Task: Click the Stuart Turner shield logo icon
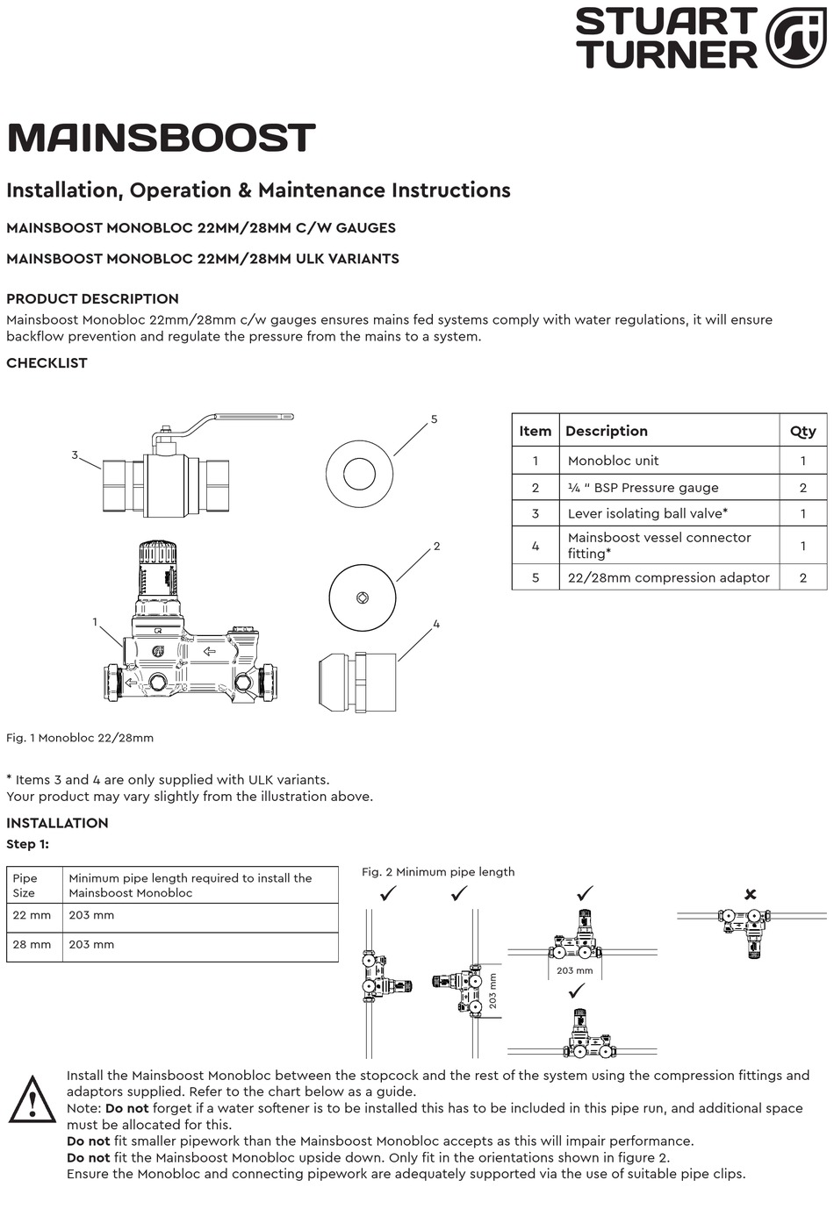point(795,38)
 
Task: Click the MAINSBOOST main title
point(161,139)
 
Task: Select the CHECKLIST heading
point(47,363)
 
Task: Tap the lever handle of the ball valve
point(246,418)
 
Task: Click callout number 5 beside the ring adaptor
point(434,419)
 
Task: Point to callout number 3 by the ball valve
point(75,454)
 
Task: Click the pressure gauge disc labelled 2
point(363,597)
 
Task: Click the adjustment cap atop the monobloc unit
point(158,553)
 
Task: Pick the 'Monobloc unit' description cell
point(613,461)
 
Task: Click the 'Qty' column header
point(802,431)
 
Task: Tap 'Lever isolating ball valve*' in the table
point(647,513)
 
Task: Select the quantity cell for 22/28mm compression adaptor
point(802,577)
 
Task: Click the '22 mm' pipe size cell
point(32,915)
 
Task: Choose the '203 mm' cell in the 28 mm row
point(91,945)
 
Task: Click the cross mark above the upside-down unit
point(750,894)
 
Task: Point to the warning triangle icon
point(32,1101)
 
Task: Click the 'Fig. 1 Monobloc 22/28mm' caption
point(80,738)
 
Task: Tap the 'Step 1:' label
point(28,844)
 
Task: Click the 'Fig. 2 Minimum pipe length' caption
point(438,872)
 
